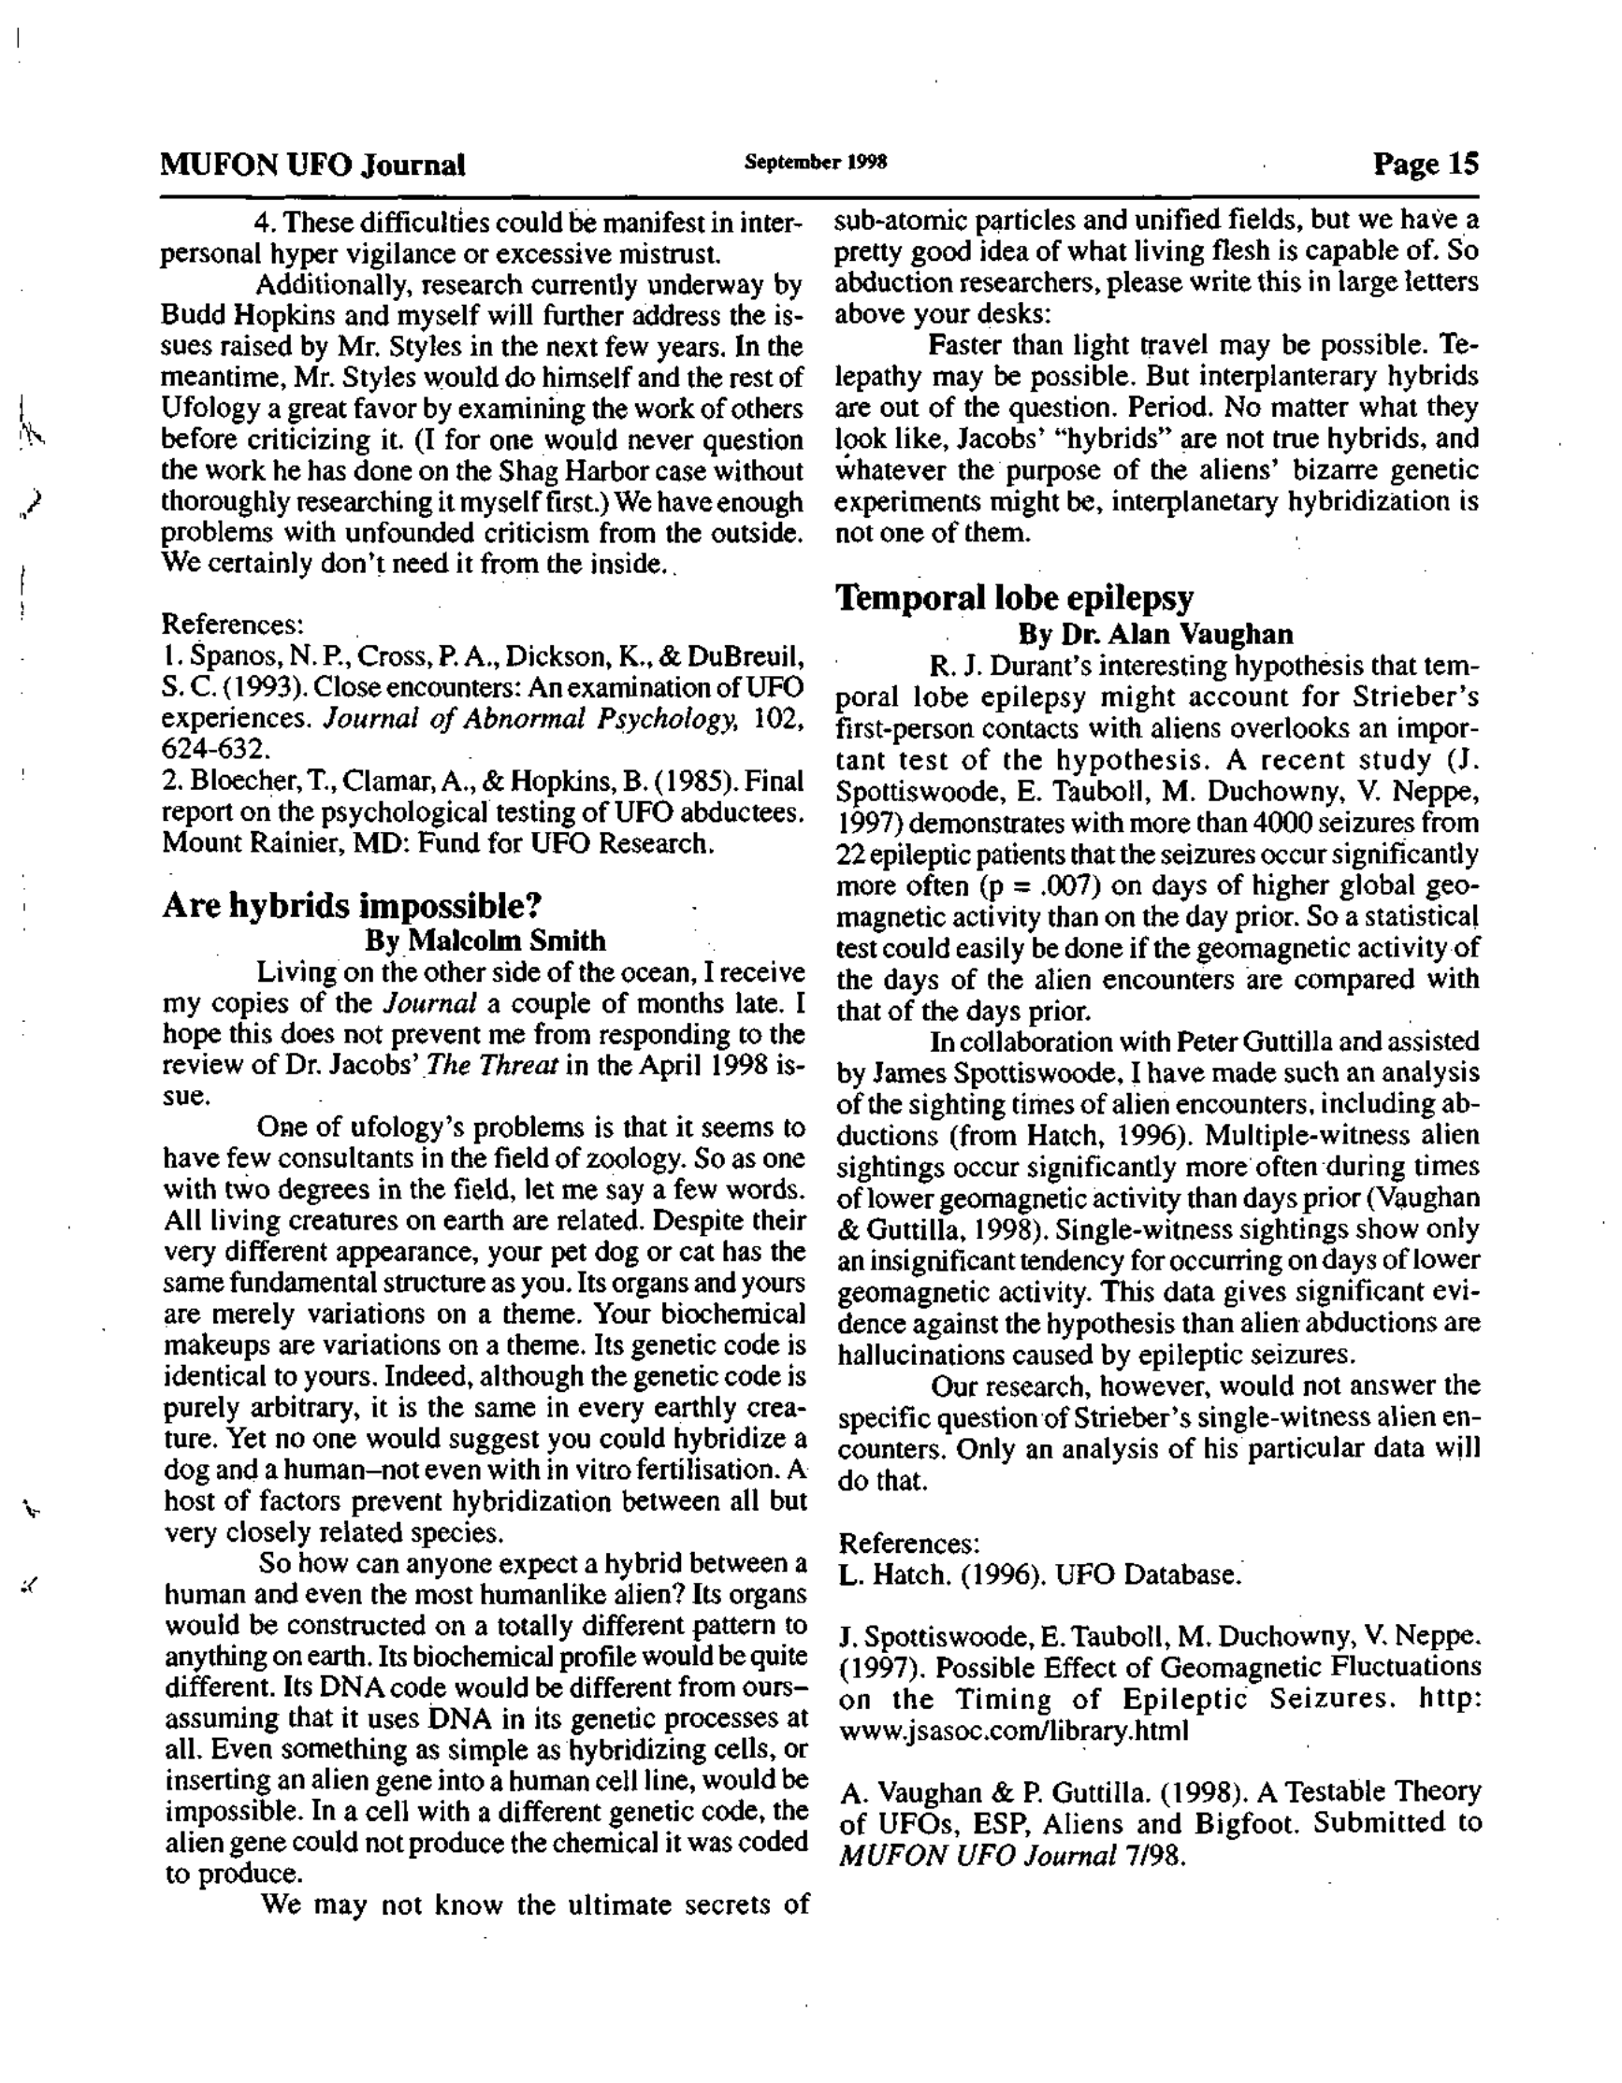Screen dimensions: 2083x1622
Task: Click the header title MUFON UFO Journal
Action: point(313,165)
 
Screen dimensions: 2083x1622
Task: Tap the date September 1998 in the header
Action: point(816,162)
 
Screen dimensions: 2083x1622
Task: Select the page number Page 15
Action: point(1426,164)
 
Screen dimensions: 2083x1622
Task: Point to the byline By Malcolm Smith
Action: point(485,941)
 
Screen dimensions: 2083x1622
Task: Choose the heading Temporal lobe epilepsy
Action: point(1014,598)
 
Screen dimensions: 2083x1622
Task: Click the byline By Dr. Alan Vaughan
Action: point(1155,633)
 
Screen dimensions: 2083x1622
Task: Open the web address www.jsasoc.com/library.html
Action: point(1013,1731)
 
